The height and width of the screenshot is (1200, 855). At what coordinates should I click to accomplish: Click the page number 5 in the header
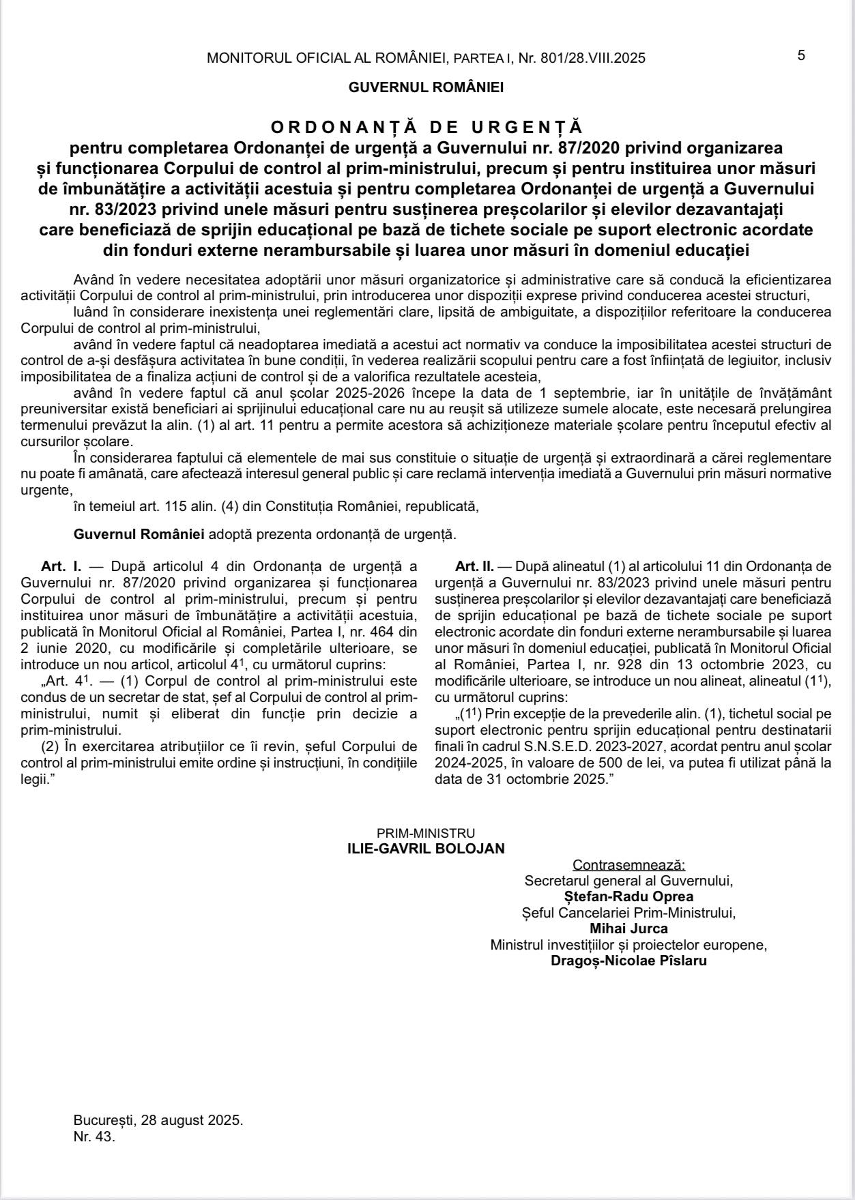point(801,56)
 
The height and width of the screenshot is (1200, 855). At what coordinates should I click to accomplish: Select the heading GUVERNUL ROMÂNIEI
point(426,87)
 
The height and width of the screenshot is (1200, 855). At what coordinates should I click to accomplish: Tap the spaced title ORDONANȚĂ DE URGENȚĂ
point(426,128)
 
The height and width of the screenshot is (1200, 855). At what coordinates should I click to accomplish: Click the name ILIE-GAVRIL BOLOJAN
point(426,849)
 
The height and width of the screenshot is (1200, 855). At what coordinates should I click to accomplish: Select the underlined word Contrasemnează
point(628,865)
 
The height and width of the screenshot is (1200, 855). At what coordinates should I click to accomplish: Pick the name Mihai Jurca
point(628,928)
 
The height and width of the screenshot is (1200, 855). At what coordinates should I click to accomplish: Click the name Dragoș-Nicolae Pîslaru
point(628,961)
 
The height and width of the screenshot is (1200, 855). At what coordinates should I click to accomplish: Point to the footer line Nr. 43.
point(94,1138)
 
